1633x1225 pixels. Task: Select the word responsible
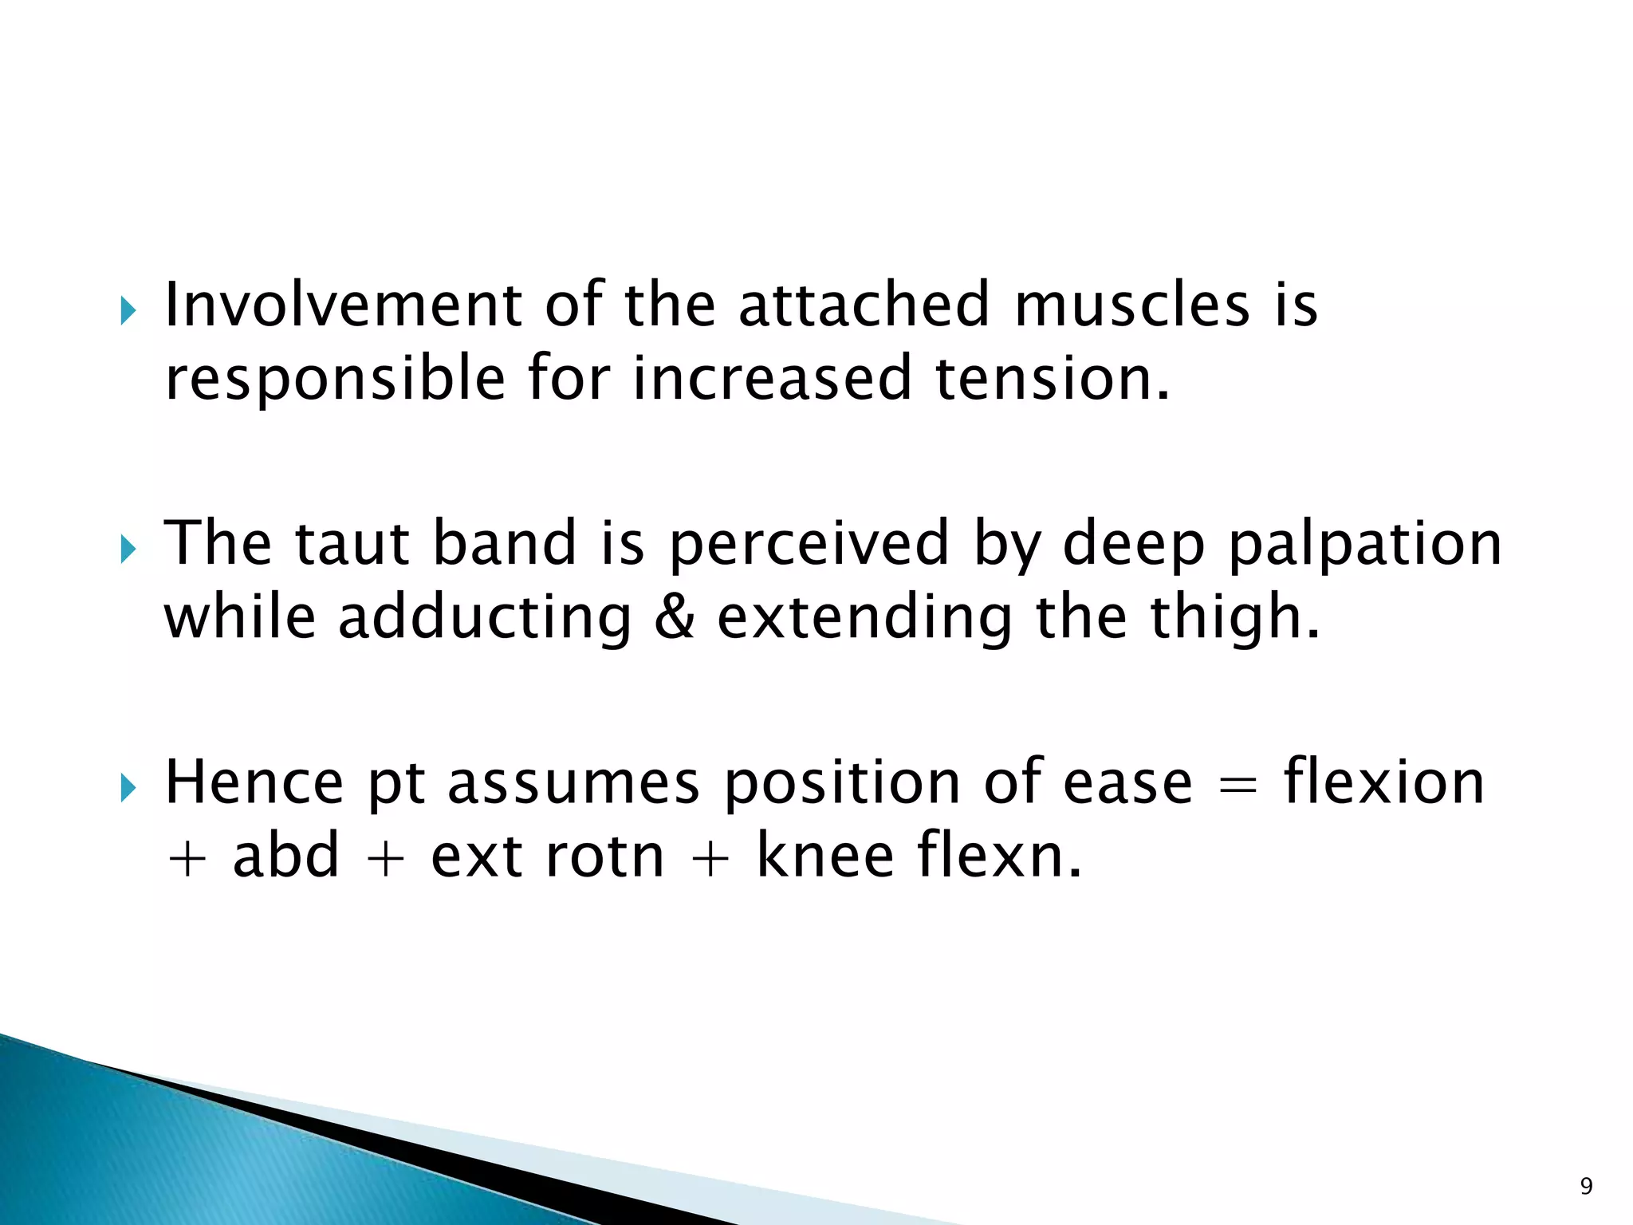tap(335, 380)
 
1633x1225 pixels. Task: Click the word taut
tap(352, 543)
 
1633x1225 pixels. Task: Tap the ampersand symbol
tap(674, 617)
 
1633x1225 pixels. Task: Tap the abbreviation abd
tap(286, 856)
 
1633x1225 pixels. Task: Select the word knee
tap(824, 856)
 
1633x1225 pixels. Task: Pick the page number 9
tap(1586, 1187)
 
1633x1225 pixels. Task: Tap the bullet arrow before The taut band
tap(128, 549)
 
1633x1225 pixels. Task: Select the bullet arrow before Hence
tap(128, 788)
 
